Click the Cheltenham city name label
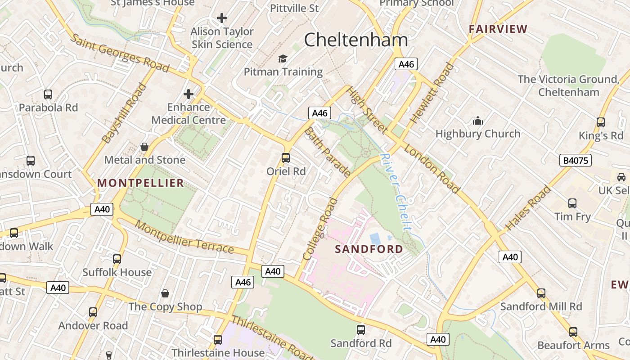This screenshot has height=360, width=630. pyautogui.click(x=356, y=40)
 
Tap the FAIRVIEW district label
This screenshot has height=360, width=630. pyautogui.click(x=498, y=29)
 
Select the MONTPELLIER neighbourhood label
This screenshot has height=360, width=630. pyautogui.click(x=141, y=183)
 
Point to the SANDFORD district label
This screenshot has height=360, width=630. pyautogui.click(x=369, y=249)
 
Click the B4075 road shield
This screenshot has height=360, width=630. pyautogui.click(x=576, y=160)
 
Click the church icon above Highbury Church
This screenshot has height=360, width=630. pyautogui.click(x=477, y=121)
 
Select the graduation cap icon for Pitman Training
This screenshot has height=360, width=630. pyautogui.click(x=283, y=59)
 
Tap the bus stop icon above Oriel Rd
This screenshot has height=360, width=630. pyautogui.click(x=286, y=158)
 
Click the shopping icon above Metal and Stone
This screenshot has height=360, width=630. pyautogui.click(x=144, y=147)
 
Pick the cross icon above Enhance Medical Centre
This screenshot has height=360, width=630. pyautogui.click(x=189, y=94)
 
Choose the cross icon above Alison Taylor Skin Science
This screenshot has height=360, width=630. pyautogui.click(x=222, y=18)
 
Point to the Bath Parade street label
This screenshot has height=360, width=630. pyautogui.click(x=328, y=152)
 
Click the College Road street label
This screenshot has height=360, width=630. pyautogui.click(x=320, y=229)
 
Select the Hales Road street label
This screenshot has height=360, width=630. pyautogui.click(x=528, y=208)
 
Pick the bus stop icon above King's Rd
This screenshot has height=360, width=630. pyautogui.click(x=600, y=122)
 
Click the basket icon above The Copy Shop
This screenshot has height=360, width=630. pyautogui.click(x=165, y=293)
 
